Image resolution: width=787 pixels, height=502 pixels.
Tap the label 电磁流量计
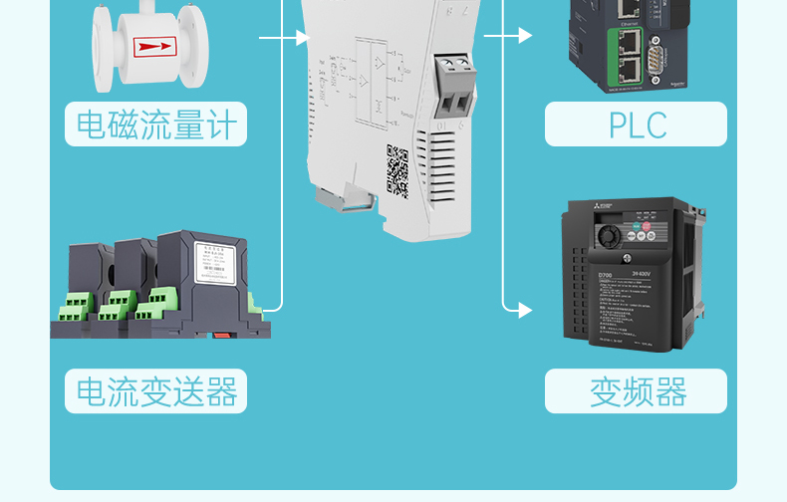(x=155, y=125)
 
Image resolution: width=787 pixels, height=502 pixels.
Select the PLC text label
(x=637, y=125)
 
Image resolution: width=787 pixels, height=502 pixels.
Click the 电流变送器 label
(x=155, y=391)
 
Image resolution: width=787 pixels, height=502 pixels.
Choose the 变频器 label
(x=637, y=391)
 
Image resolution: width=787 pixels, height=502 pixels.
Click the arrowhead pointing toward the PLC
(x=525, y=36)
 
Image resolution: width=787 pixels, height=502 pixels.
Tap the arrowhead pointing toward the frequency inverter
(x=525, y=310)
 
